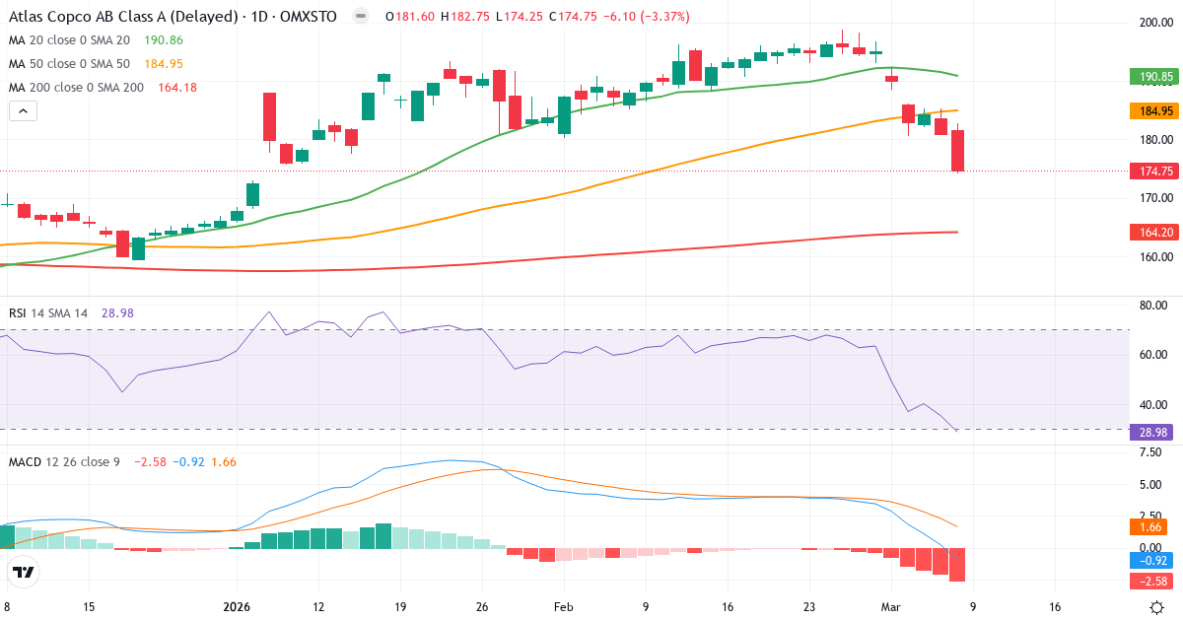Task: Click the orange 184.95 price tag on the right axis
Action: [1151, 111]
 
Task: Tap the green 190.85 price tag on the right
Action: [1151, 77]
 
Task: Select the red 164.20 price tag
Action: [1151, 232]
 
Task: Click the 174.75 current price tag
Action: [1151, 172]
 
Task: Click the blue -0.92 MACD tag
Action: [1151, 560]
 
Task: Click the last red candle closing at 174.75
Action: [957, 151]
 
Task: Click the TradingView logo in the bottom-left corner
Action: [23, 572]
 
